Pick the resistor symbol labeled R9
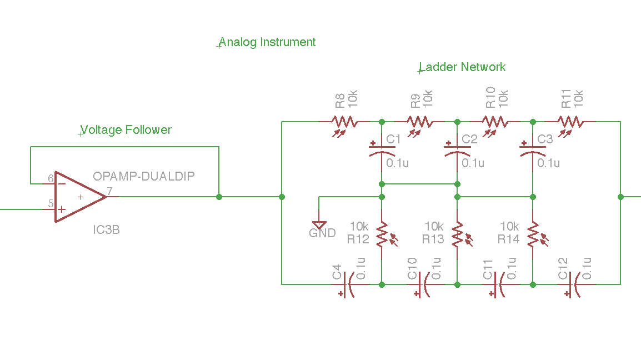(x=419, y=121)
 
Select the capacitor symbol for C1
(x=382, y=150)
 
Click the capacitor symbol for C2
(x=457, y=150)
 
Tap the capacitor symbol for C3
(x=533, y=150)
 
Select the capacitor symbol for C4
(x=347, y=284)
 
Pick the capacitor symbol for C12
(x=574, y=284)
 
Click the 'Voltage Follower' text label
(x=127, y=130)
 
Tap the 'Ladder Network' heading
(x=462, y=67)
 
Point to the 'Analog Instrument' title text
(x=267, y=42)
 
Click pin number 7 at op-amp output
(x=109, y=191)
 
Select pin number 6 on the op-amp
(x=51, y=178)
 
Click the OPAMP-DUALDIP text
(x=144, y=177)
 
